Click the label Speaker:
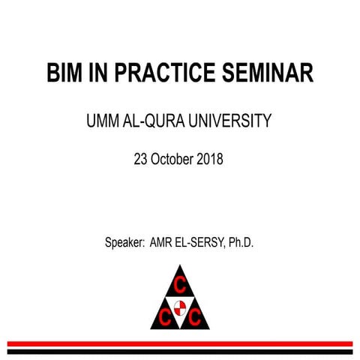[x=125, y=244]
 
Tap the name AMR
[x=163, y=244]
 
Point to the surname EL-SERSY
[x=201, y=244]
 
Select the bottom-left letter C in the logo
[x=164, y=316]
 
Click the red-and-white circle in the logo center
[x=179, y=305]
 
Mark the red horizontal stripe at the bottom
[x=179, y=343]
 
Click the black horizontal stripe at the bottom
[x=179, y=350]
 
